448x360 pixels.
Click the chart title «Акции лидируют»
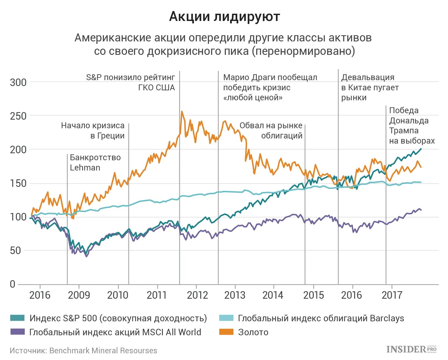pos(225,17)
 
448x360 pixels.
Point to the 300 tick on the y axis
pos(18,82)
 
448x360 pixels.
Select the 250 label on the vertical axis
pos(18,116)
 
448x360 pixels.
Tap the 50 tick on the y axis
pos(15,251)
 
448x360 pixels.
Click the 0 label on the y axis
pos(12,284)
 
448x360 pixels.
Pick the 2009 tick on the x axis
pos(79,295)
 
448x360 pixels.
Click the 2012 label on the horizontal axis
pos(197,295)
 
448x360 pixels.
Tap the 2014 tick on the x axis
pos(273,295)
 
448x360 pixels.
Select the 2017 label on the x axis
pos(392,295)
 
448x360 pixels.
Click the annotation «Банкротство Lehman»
pos(95,162)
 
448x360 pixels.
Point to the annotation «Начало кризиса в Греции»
pos(93,130)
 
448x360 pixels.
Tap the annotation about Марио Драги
pos(270,87)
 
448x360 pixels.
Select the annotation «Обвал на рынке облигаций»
pos(271,130)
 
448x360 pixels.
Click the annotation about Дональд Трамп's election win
pos(411,126)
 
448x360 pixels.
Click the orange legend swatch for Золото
pos(226,332)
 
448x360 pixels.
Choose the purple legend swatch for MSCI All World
pos(17,332)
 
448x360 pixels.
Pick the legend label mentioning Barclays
pos(321,318)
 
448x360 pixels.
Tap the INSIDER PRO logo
pos(411,349)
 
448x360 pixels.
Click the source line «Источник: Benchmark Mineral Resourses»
pos(83,351)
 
